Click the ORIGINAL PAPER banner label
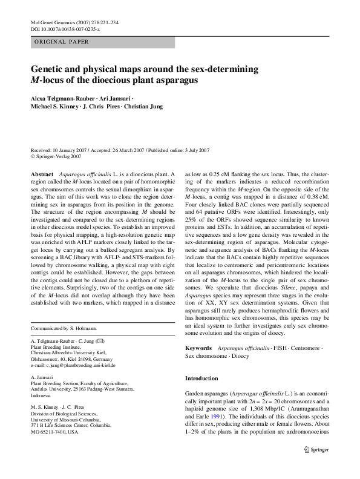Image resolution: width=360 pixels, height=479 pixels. tap(63, 42)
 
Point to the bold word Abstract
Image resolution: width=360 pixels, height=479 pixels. tap(44, 174)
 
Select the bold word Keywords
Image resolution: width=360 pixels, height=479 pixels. tap(198, 348)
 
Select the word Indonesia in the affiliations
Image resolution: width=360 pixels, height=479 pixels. tap(42, 392)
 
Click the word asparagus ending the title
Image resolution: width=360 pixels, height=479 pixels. tap(176, 79)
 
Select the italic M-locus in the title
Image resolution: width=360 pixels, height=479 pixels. tap(48, 79)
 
